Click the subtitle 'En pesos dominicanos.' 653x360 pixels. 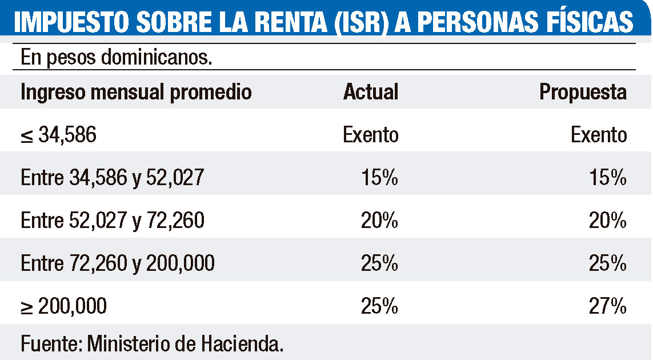[x=117, y=58]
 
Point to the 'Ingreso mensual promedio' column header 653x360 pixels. [x=136, y=92]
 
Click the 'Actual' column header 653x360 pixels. [x=371, y=92]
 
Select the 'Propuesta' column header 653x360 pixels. [x=583, y=92]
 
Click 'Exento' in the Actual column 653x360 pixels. [x=370, y=135]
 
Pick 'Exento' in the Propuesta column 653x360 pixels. [x=598, y=135]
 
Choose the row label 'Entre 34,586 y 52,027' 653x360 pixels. [x=112, y=178]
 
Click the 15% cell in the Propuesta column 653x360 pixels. [x=608, y=178]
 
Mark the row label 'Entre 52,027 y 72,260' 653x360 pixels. [x=112, y=221]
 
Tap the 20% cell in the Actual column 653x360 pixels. [x=379, y=221]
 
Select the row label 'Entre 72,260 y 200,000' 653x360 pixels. [x=118, y=263]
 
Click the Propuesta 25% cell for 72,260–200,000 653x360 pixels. [x=608, y=263]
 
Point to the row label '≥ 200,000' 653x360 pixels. [x=63, y=306]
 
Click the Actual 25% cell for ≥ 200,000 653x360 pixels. [x=379, y=306]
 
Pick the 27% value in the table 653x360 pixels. [x=608, y=306]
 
